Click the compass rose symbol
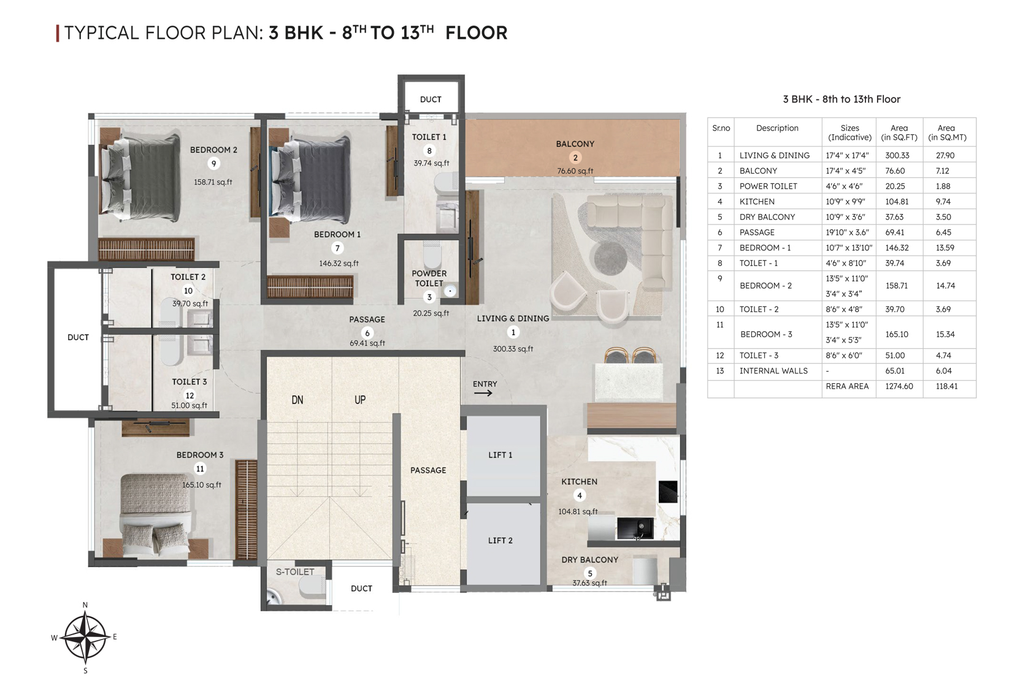(x=85, y=637)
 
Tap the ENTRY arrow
(x=483, y=393)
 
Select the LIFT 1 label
(x=500, y=455)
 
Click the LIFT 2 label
(x=500, y=541)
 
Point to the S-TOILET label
(x=295, y=571)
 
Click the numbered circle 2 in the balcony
(x=575, y=158)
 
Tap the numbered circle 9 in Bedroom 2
(x=213, y=164)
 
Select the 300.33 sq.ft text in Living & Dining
(x=513, y=349)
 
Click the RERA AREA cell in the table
(x=847, y=386)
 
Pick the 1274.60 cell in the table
(x=899, y=386)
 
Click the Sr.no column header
(x=721, y=128)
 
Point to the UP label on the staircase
(x=360, y=400)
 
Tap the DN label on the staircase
(x=297, y=400)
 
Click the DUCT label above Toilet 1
(x=431, y=99)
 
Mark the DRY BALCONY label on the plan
(x=589, y=560)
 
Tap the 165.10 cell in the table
(x=897, y=335)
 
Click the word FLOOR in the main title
(x=476, y=33)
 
